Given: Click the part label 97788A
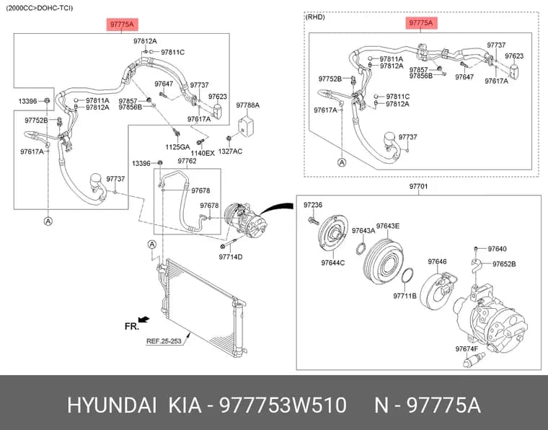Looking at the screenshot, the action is (247, 105).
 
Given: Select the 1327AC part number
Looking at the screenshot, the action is (230, 152).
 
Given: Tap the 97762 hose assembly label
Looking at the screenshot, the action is (187, 161).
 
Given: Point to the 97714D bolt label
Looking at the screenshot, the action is (231, 257).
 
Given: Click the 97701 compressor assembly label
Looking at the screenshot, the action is (418, 186).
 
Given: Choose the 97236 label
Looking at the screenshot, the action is (313, 205).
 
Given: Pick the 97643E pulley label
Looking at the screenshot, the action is (388, 227).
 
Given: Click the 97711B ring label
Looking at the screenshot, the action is (405, 296).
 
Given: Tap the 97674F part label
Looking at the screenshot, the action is (467, 349).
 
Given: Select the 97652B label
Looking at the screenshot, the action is (504, 264).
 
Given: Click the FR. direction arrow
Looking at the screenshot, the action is (144, 319).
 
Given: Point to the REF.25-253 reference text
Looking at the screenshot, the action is (164, 341).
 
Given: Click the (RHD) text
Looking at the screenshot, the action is (315, 17).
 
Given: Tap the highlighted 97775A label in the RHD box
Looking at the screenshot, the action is (421, 23).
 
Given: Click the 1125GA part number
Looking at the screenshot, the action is (177, 147).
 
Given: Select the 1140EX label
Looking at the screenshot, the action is (203, 154).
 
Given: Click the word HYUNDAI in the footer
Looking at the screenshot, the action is (112, 405).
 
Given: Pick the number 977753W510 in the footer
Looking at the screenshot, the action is (283, 405).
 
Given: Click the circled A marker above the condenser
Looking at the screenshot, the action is (152, 245).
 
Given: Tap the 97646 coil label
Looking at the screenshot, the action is (437, 262).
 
